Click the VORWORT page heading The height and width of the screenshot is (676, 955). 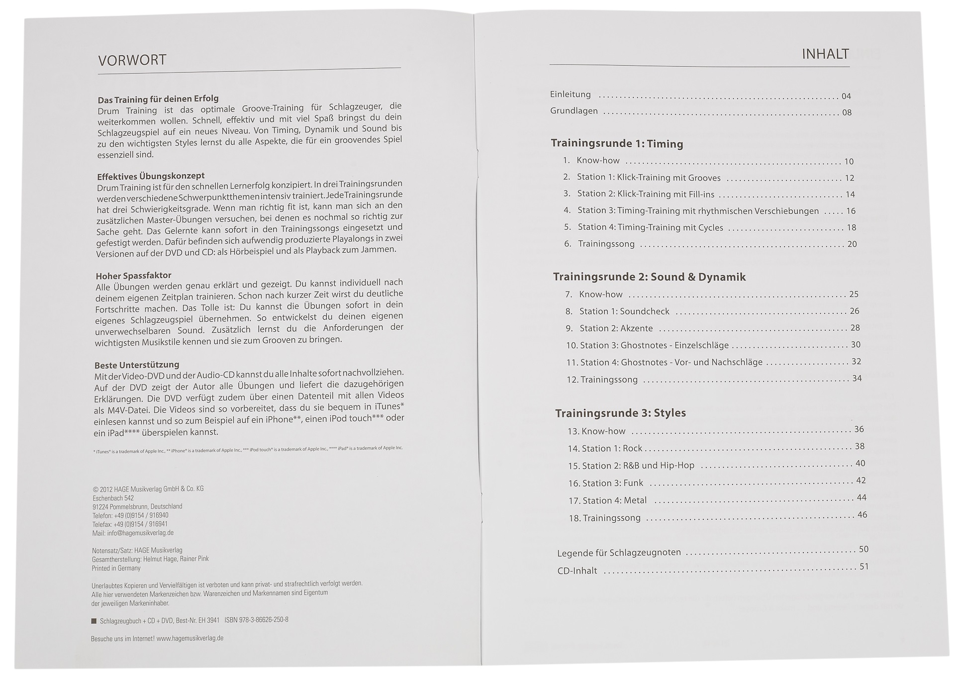pyautogui.click(x=132, y=60)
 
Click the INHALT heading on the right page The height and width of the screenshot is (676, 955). pyautogui.click(x=825, y=54)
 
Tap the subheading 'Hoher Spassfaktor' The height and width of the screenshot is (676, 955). pyautogui.click(x=133, y=276)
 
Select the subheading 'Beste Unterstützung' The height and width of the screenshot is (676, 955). pyautogui.click(x=137, y=365)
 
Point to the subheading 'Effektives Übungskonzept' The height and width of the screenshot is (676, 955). pyautogui.click(x=151, y=176)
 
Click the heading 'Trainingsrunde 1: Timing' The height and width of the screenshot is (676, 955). pyautogui.click(x=617, y=144)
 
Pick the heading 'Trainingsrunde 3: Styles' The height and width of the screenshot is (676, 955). pyautogui.click(x=620, y=413)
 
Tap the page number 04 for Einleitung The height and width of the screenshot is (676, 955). pyautogui.click(x=846, y=97)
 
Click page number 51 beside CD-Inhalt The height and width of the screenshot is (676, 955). pyautogui.click(x=864, y=567)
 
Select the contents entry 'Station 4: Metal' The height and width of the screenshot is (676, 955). pyautogui.click(x=614, y=500)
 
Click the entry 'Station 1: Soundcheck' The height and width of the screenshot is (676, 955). pyautogui.click(x=624, y=311)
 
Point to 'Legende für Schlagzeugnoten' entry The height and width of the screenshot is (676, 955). pyautogui.click(x=619, y=553)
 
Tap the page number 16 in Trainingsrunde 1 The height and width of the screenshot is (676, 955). pyautogui.click(x=851, y=211)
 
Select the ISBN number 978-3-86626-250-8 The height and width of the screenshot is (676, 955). pyautogui.click(x=257, y=620)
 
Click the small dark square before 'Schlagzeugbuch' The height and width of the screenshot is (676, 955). pyautogui.click(x=94, y=621)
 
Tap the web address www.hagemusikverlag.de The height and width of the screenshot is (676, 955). pyautogui.click(x=190, y=638)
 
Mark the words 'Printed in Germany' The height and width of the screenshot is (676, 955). pyautogui.click(x=116, y=568)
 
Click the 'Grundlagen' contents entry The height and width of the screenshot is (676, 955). pyautogui.click(x=574, y=111)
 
